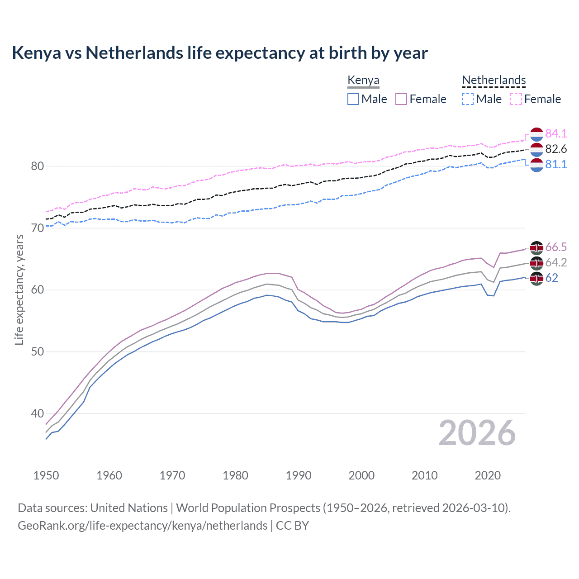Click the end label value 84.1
(x=555, y=133)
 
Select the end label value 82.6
(x=555, y=149)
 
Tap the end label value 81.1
(x=555, y=164)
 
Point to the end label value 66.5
(x=555, y=247)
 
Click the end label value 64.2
(x=555, y=262)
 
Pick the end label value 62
(x=551, y=278)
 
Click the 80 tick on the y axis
(x=38, y=166)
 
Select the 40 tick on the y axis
(x=38, y=413)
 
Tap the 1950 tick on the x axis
(x=46, y=475)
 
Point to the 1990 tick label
(x=299, y=475)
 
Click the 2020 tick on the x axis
(x=488, y=475)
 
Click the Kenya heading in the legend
(x=363, y=80)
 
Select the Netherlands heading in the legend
(x=494, y=80)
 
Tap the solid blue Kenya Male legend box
(x=353, y=99)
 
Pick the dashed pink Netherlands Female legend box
(x=516, y=99)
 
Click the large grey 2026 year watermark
(x=477, y=433)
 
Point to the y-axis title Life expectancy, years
(x=19, y=289)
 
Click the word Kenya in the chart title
(x=36, y=53)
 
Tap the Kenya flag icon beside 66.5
(x=536, y=247)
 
